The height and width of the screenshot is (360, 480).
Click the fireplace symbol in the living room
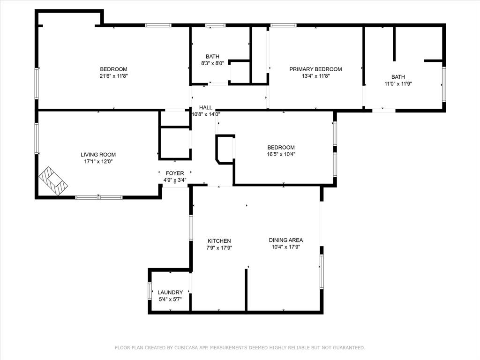tap(53, 180)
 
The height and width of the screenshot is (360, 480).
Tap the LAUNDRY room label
tap(170, 292)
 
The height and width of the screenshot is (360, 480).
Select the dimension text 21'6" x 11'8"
tap(113, 76)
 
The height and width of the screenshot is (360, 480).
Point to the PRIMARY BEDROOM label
tap(315, 69)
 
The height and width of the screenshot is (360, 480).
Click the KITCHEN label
tap(219, 241)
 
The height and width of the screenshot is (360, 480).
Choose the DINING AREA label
tap(286, 240)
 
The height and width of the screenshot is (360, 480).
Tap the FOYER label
tap(175, 173)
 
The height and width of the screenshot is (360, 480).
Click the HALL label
tap(206, 107)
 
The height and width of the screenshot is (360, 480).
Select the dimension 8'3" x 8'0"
tap(212, 63)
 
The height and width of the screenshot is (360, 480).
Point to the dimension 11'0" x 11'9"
tap(398, 83)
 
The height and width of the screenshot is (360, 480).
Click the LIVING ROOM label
tap(98, 155)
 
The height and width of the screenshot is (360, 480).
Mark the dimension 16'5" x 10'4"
tap(281, 154)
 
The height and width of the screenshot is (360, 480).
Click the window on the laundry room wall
tap(150, 291)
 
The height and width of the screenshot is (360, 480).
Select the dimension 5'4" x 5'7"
tap(170, 300)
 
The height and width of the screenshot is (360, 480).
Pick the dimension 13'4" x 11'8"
tap(315, 76)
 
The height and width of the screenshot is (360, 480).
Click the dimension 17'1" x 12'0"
tap(98, 162)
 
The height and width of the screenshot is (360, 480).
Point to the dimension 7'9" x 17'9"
tap(219, 248)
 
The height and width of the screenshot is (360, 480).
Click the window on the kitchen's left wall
tap(191, 227)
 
